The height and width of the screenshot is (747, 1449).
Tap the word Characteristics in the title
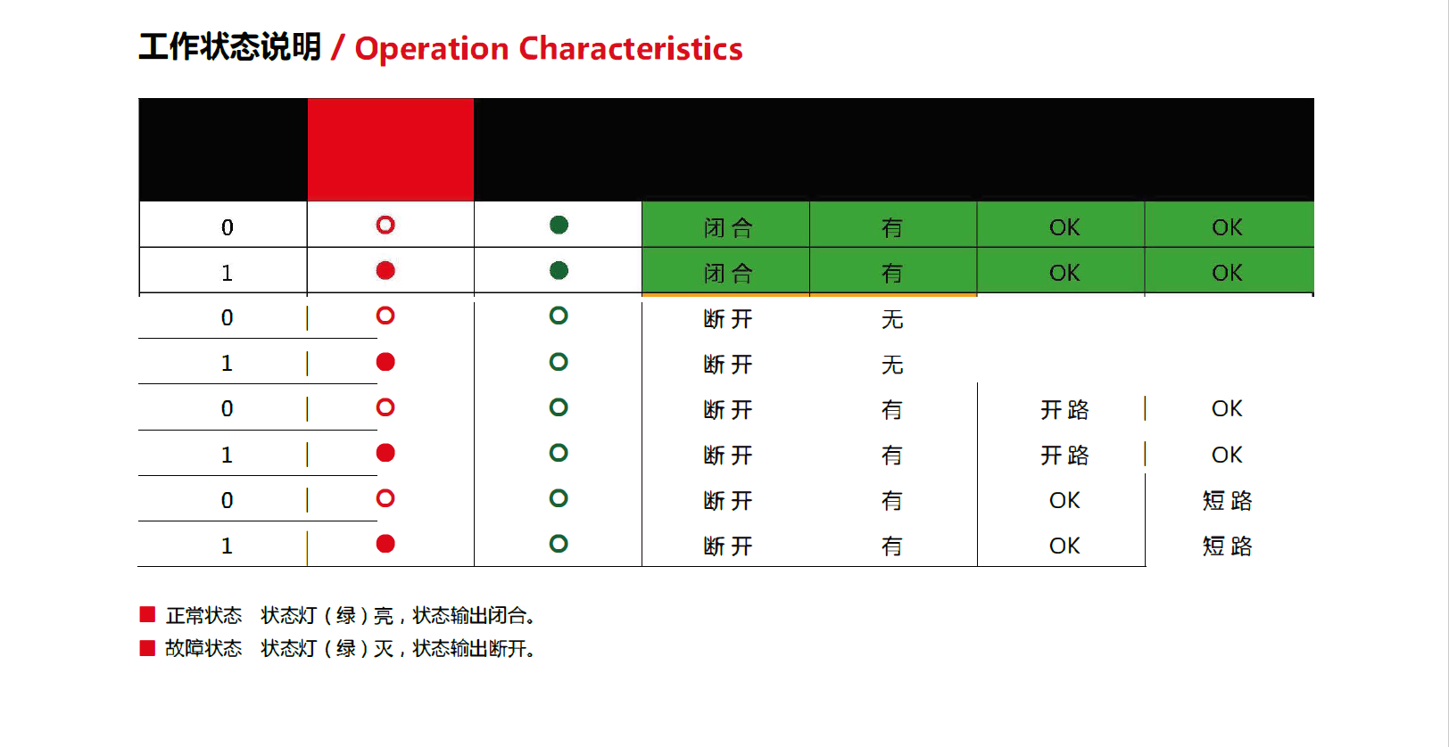tap(631, 48)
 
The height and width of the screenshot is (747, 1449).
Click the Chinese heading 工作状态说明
tap(229, 47)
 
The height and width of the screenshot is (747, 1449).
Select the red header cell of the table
tap(391, 149)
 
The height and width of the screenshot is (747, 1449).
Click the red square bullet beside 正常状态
tap(147, 614)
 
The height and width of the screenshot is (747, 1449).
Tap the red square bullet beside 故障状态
tap(147, 647)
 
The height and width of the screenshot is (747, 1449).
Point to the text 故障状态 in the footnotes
tap(203, 648)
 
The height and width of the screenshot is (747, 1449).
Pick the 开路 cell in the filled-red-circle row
tap(1064, 456)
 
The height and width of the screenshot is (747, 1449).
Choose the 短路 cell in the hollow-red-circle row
tap(1227, 501)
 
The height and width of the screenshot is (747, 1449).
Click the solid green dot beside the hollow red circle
tap(559, 225)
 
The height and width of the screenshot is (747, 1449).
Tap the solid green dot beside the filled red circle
tap(559, 270)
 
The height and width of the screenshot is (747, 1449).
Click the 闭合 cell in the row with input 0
tap(728, 228)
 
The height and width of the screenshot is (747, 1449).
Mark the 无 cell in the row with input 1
tap(892, 365)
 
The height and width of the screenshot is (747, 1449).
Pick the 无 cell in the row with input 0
tap(892, 319)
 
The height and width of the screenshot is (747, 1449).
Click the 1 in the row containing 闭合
tap(227, 273)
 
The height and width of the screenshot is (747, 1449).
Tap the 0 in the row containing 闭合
tap(227, 227)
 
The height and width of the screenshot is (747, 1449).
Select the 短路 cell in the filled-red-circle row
tap(1227, 546)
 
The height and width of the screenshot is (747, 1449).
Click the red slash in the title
tap(337, 48)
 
